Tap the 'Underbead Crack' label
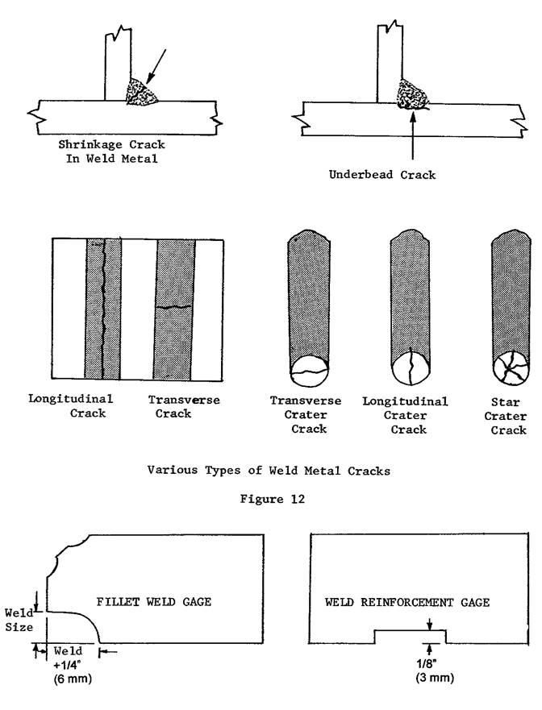pyautogui.click(x=381, y=175)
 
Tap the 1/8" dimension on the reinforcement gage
pyautogui.click(x=430, y=662)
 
